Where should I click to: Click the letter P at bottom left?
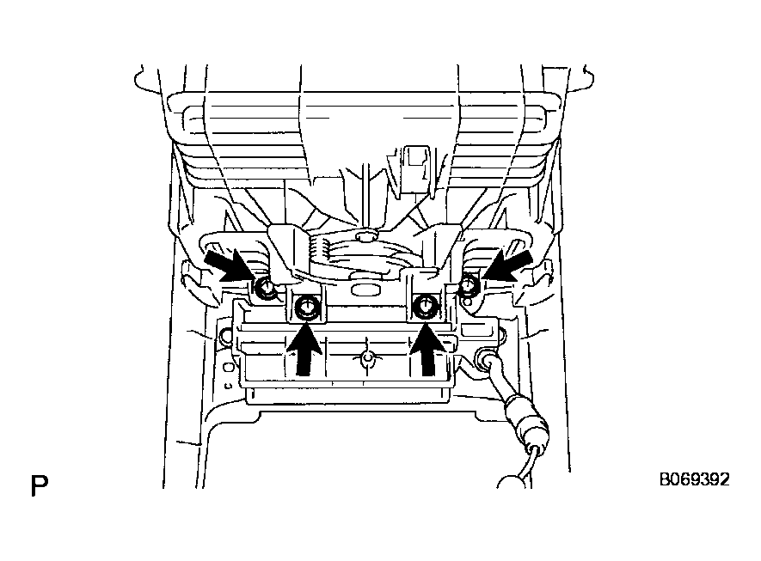[40, 485]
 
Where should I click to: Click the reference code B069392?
[694, 479]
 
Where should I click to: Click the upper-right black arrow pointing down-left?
[507, 265]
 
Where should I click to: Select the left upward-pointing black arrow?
[304, 349]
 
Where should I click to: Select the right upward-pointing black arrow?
[427, 349]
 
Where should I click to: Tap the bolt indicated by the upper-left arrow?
[266, 288]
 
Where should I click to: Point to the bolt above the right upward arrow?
[424, 307]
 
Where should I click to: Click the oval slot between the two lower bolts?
[365, 290]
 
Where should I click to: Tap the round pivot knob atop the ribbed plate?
[367, 236]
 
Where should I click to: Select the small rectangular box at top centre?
[415, 168]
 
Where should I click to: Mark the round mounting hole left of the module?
[224, 334]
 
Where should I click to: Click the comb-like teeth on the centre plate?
[318, 250]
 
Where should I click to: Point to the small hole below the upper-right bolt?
[467, 302]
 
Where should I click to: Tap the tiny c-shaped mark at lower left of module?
[228, 387]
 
